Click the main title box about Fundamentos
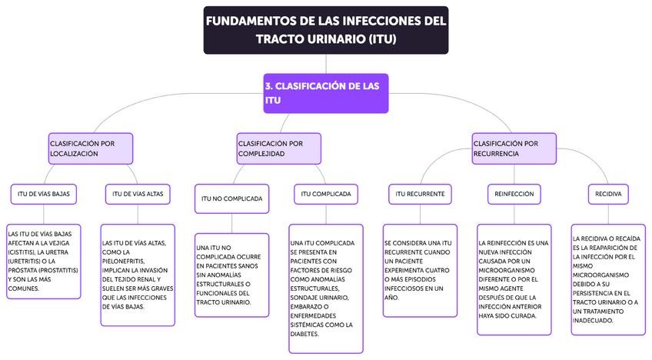326,29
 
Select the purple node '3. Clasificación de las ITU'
326,93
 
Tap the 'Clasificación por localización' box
90,148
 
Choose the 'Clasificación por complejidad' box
278,148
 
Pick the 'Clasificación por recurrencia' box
514,148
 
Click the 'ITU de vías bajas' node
44,194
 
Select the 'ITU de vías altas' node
138,194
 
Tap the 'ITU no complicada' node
231,198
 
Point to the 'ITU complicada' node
326,194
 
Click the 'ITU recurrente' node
420,194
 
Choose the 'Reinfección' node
514,194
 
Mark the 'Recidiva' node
608,194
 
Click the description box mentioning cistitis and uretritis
44,262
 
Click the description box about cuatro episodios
420,270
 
